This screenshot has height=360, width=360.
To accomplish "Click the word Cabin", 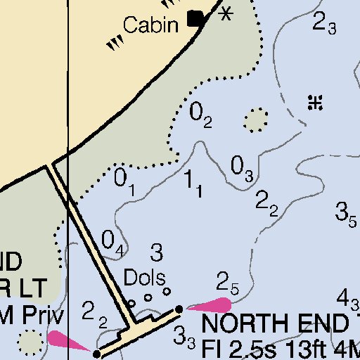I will point(149,25).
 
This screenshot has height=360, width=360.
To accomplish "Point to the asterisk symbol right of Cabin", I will point(226,13).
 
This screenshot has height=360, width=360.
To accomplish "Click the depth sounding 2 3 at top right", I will point(324,25).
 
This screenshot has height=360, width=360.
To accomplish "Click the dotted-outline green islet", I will point(256,120).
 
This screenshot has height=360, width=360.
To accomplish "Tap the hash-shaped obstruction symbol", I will point(315,103).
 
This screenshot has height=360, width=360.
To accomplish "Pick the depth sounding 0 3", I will point(242,168).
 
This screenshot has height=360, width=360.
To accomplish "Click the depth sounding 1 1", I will point(193,183).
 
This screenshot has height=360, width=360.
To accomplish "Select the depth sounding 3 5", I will point(346,212).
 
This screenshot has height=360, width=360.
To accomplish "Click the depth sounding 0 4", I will point(113,242).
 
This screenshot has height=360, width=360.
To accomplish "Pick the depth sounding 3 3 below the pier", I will point(184,336).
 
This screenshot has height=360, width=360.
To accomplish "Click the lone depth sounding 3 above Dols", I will point(157,251).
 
